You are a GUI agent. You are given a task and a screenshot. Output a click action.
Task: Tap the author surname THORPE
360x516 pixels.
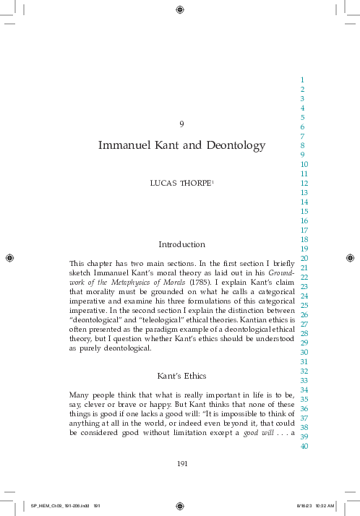[200, 184]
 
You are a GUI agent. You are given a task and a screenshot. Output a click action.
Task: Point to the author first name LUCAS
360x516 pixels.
[163, 184]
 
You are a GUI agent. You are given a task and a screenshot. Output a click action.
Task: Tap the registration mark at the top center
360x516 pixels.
[180, 9]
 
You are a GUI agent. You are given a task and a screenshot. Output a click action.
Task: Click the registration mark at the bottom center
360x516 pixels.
[180, 505]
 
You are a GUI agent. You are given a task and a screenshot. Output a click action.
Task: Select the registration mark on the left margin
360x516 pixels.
[9, 257]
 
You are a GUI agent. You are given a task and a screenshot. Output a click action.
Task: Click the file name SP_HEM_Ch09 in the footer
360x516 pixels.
[50, 506]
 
